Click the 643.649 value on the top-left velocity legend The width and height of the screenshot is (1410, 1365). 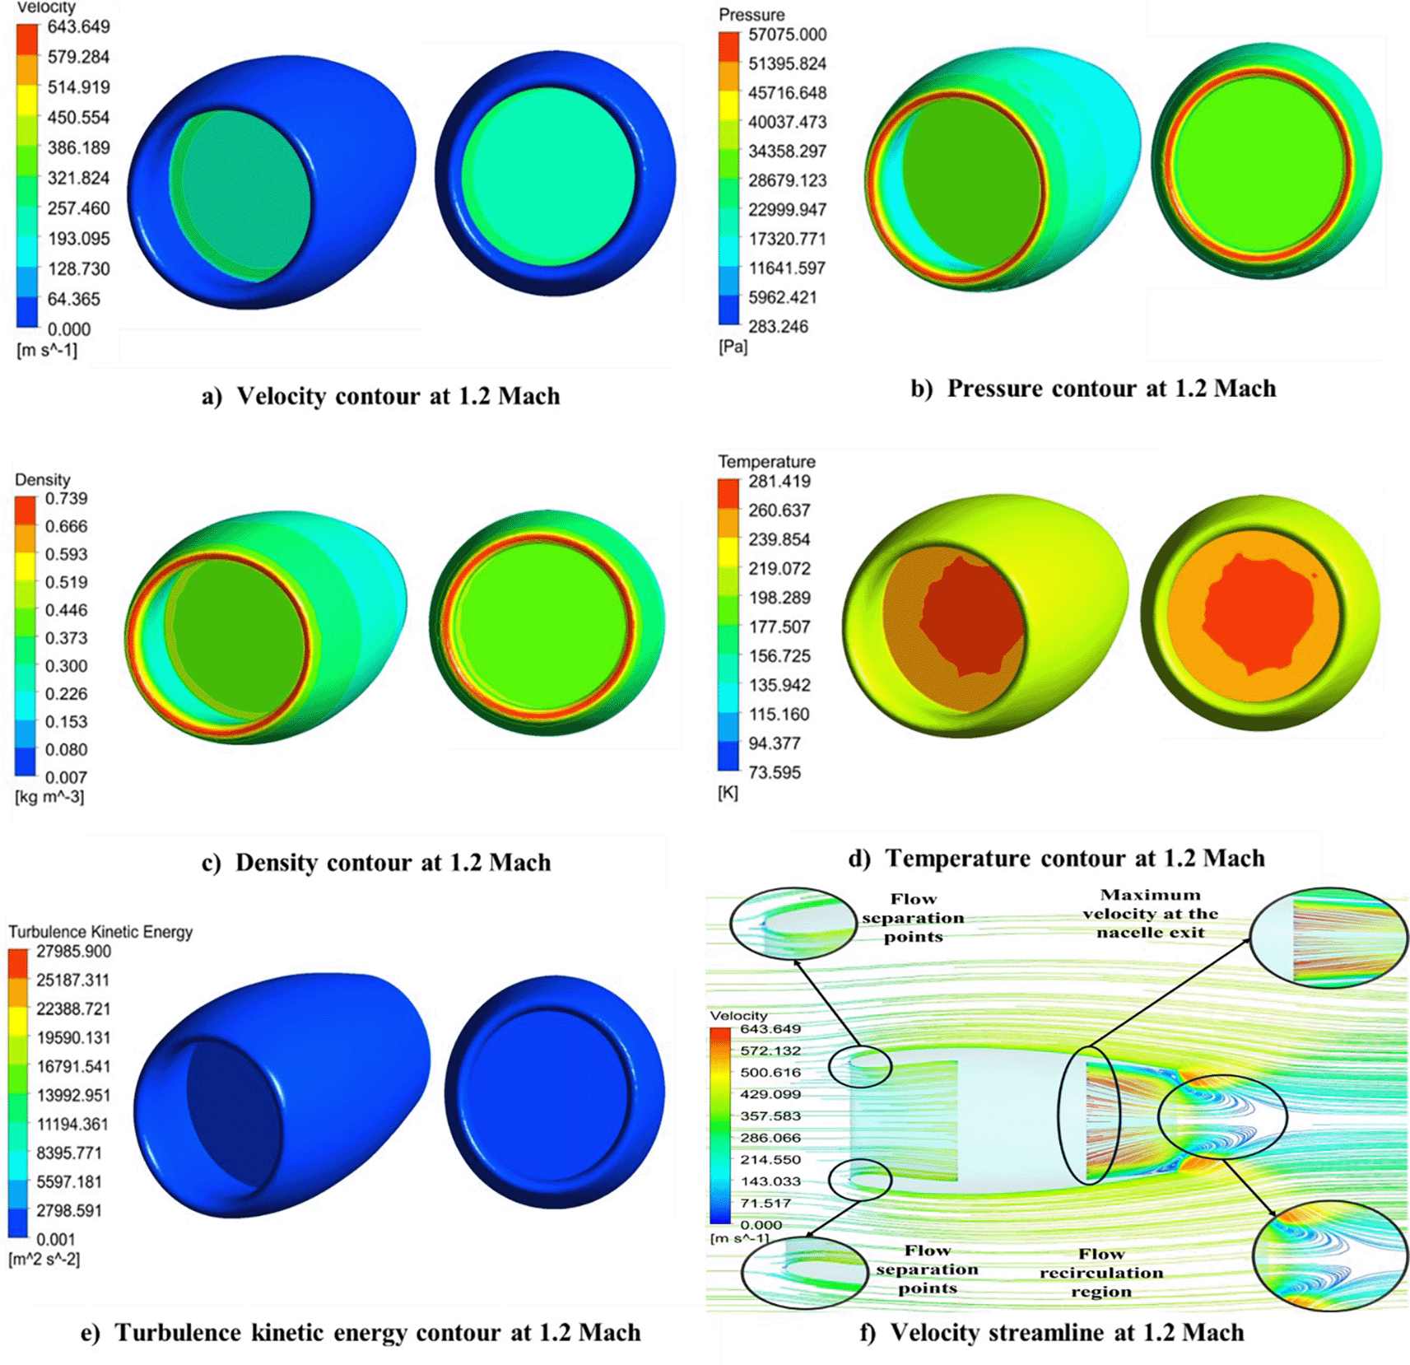coord(78,26)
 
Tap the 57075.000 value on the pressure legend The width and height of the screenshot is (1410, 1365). coord(787,35)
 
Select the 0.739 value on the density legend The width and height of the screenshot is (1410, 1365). coord(66,498)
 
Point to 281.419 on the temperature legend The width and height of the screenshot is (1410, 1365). coord(779,481)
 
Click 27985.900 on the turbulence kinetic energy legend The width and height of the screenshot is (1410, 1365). coord(73,951)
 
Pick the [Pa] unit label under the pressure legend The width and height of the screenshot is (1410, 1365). coord(733,346)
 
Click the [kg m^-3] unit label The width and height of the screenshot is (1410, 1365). coord(49,796)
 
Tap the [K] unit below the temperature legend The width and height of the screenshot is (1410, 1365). coord(728,792)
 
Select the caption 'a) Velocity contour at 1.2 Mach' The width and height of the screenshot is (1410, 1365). coord(381,396)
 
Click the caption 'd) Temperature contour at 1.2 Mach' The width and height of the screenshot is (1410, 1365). coord(1057,858)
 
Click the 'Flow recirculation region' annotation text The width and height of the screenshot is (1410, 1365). coord(1101,1272)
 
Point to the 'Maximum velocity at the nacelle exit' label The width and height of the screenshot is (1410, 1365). coord(1150,913)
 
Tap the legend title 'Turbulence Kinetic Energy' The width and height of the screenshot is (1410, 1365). coord(100,931)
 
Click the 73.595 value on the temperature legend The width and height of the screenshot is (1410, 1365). coord(775,772)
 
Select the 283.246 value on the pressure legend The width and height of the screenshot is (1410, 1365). coord(778,326)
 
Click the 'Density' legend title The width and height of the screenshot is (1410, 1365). coord(43,479)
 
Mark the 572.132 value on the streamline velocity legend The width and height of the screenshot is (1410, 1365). coord(770,1051)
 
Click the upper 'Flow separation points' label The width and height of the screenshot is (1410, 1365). coord(913,917)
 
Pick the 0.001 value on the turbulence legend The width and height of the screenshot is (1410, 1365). coord(56,1239)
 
